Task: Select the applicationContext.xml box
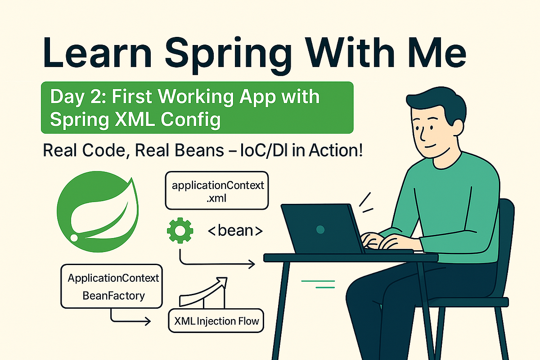click(216, 190)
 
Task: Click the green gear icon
click(180, 231)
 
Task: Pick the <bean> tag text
click(235, 231)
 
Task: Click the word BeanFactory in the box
click(113, 296)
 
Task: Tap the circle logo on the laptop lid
click(320, 229)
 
